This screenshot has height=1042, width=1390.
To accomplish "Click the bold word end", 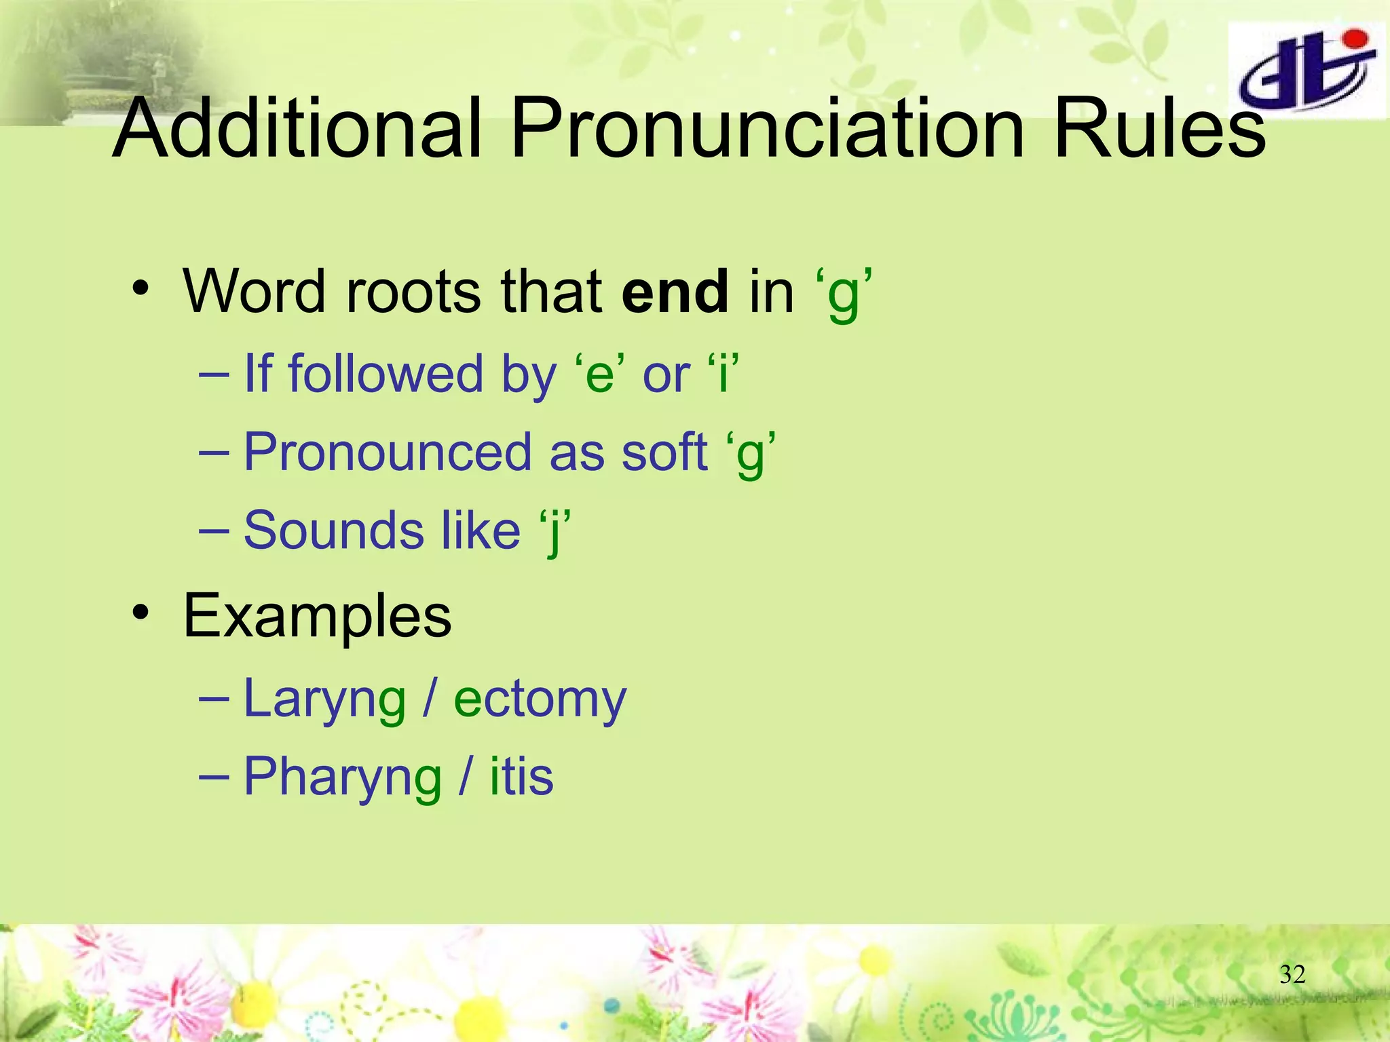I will pos(675,292).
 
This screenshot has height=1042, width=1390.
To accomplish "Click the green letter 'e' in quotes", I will pos(599,375).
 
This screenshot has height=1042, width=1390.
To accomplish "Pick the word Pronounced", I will pos(387,452).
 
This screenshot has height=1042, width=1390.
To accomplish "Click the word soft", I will pos(664,452).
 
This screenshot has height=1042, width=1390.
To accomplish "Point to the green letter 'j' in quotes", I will pos(555,531).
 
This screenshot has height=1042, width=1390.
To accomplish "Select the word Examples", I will pos(317,616).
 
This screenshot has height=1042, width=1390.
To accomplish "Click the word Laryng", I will pos(324,699).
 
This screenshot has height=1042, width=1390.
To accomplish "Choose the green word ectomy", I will pos(540,699).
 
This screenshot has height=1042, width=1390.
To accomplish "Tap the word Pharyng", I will pos(342,777).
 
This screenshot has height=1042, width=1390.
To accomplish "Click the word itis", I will pos(521,777).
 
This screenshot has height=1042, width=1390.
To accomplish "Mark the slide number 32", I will pos(1292,975).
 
